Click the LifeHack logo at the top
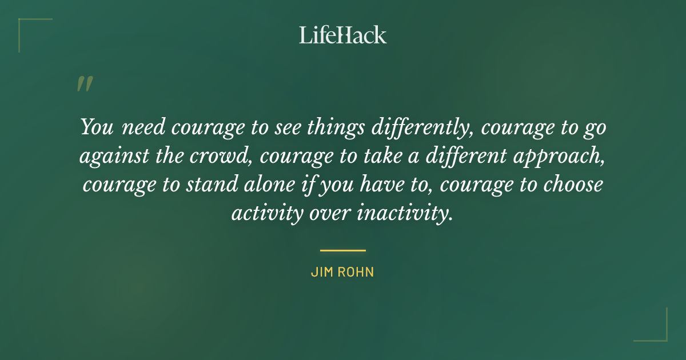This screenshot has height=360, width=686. click(343, 35)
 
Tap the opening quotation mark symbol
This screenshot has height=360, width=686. click(84, 84)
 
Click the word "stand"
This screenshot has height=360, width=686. click(214, 185)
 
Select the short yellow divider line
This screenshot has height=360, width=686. click(343, 250)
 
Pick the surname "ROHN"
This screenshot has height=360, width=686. click(357, 273)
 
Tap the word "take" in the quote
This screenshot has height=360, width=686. click(377, 156)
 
